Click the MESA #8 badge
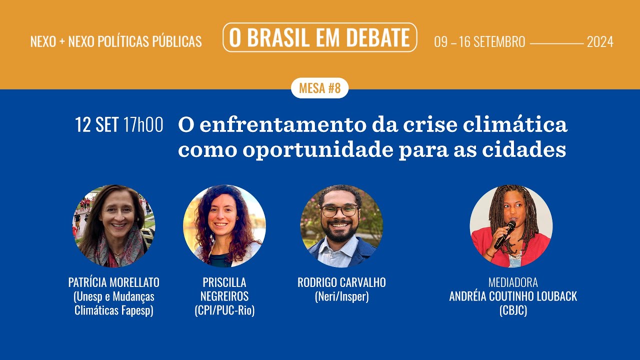coord(319,88)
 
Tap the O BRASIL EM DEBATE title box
coord(319,37)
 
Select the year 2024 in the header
coord(599,42)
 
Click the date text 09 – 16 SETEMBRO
coord(479,42)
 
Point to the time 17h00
coord(143,125)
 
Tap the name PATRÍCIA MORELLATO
coord(114,282)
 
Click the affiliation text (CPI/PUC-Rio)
coord(224,310)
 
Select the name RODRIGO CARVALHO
coord(341,282)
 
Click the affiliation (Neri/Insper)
coord(341,296)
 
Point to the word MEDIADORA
coord(513,282)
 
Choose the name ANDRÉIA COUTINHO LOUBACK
coord(513,296)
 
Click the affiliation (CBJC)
coord(513,310)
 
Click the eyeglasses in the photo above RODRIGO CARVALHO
coord(340,210)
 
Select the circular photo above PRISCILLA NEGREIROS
coord(224,226)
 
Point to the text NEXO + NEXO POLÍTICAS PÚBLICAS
coord(116,42)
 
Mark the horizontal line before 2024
coord(556,43)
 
